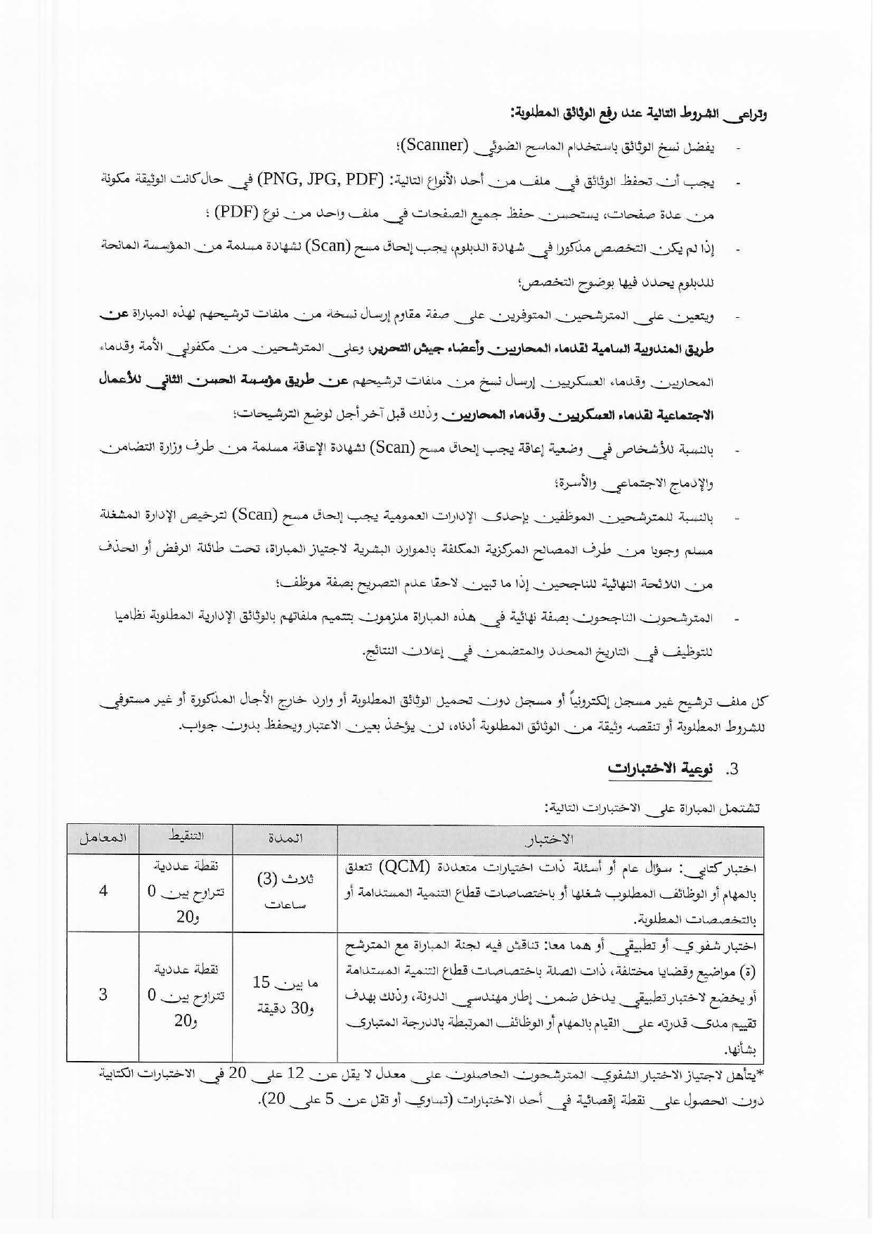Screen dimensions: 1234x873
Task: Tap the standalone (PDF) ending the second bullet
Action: pyautogui.click(x=236, y=214)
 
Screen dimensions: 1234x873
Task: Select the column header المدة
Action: pyautogui.click(x=285, y=838)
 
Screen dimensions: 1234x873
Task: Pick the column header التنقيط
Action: pyautogui.click(x=186, y=837)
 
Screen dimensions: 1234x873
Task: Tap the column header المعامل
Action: pyautogui.click(x=103, y=838)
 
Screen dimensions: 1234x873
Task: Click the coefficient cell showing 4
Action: pyautogui.click(x=103, y=892)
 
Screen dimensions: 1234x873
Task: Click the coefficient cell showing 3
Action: pyautogui.click(x=103, y=995)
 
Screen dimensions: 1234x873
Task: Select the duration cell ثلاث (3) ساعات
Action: pyautogui.click(x=285, y=892)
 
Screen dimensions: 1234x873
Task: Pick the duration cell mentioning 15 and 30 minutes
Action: pyautogui.click(x=285, y=995)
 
